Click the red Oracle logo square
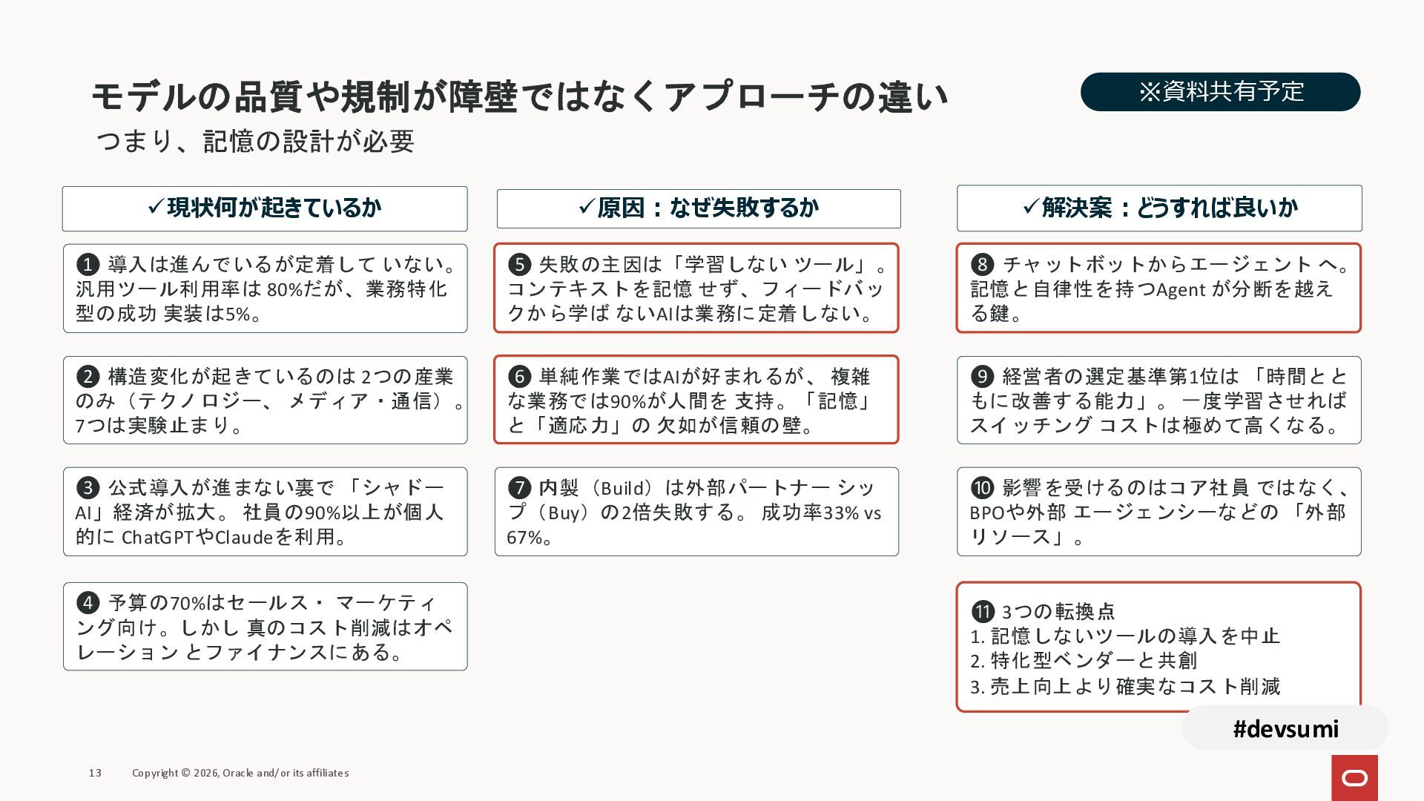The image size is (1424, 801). click(1354, 777)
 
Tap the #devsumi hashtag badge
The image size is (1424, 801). click(1285, 728)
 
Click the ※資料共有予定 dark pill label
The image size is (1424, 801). click(1220, 92)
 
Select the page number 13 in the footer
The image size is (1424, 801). click(95, 773)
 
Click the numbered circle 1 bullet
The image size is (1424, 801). click(88, 264)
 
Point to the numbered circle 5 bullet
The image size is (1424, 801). click(519, 264)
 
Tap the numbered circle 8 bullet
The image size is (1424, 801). click(982, 264)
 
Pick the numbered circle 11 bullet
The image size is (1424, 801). click(983, 611)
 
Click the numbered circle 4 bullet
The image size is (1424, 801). click(88, 602)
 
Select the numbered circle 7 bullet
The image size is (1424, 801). click(519, 487)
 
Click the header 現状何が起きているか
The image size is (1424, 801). click(265, 208)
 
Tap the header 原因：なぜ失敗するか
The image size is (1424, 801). click(699, 208)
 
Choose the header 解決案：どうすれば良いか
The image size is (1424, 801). click(1159, 208)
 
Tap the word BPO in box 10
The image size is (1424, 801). click(987, 512)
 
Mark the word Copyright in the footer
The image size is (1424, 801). click(155, 773)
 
